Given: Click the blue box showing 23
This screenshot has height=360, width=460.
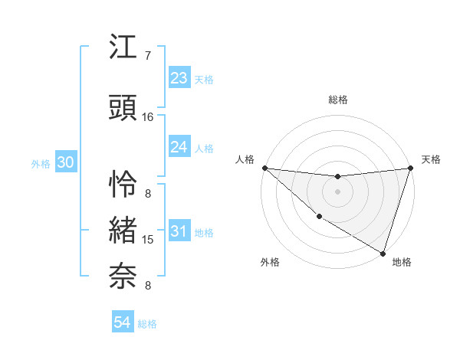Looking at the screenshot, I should pyautogui.click(x=179, y=78).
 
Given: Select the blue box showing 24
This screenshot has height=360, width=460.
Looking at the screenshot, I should pyautogui.click(x=179, y=147).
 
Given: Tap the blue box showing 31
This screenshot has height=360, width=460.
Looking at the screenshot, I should pyautogui.click(x=179, y=231).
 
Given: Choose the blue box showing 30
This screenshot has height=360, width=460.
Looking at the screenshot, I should pyautogui.click(x=65, y=162).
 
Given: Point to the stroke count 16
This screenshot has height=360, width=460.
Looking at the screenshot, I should pyautogui.click(x=148, y=117).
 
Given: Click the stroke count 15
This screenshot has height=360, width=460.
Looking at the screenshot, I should pyautogui.click(x=148, y=240).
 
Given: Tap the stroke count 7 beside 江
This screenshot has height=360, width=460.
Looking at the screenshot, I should pyautogui.click(x=147, y=56).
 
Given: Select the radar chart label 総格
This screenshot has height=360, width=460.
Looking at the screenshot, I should pyautogui.click(x=338, y=100).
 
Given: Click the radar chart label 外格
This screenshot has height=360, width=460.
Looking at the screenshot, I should pyautogui.click(x=270, y=262).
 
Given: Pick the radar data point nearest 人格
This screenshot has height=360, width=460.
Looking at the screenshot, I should pyautogui.click(x=264, y=168).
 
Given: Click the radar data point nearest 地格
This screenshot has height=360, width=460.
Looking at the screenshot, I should pyautogui.click(x=383, y=254).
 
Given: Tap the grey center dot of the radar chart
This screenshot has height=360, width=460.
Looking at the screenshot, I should pyautogui.click(x=337, y=191).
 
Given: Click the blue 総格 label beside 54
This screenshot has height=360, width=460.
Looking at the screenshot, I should pyautogui.click(x=147, y=324).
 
